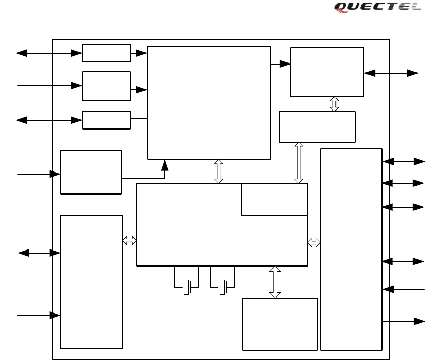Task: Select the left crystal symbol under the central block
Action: (x=186, y=287)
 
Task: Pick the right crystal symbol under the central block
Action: (x=222, y=287)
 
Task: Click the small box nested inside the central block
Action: (x=274, y=199)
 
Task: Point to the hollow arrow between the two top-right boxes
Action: (x=334, y=104)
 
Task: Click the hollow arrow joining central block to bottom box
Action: (x=275, y=282)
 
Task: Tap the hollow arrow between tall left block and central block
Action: (x=130, y=240)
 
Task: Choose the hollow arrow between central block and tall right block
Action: (x=314, y=243)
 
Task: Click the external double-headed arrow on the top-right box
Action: (x=391, y=73)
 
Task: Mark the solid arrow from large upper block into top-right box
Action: (x=281, y=64)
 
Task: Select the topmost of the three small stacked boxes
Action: (x=106, y=53)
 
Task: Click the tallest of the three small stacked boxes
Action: (x=106, y=86)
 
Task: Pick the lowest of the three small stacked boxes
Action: (x=106, y=120)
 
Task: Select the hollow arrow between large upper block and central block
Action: (x=219, y=171)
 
